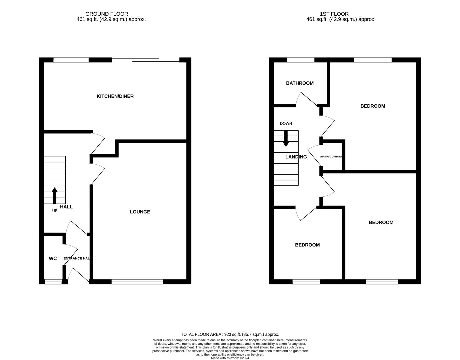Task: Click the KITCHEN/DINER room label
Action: tap(115, 96)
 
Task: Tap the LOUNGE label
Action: tap(140, 212)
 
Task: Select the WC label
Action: tap(53, 258)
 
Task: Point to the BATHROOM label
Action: tap(300, 83)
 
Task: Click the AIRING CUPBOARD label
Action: tap(331, 156)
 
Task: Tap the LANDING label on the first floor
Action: tap(296, 157)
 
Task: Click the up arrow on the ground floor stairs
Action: tap(55, 195)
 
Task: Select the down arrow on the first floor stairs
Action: tap(286, 139)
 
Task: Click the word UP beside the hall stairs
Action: tap(55, 211)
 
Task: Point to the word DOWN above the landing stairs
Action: tap(286, 123)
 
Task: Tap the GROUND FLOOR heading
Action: tap(107, 14)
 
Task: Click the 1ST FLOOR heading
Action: tap(334, 14)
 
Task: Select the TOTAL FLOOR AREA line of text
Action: tap(230, 334)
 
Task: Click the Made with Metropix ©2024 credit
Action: tap(230, 358)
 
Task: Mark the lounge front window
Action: tap(137, 282)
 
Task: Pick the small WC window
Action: tap(53, 282)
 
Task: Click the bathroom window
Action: tap(300, 60)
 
